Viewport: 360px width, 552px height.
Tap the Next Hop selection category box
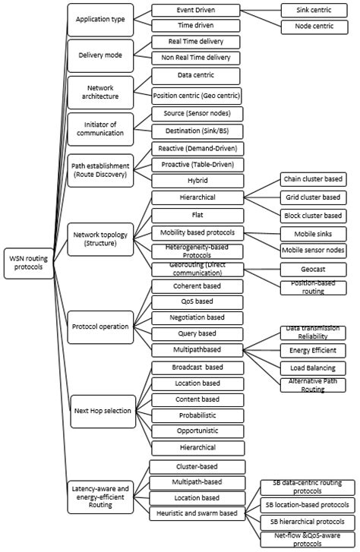click(x=101, y=411)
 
